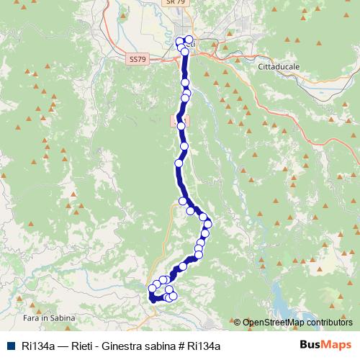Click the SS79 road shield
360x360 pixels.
[x=137, y=59]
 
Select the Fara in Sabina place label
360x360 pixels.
[x=44, y=318]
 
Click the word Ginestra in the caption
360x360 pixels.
[x=130, y=346]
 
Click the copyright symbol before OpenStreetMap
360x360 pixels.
[x=238, y=323]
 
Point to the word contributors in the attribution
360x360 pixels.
[x=329, y=323]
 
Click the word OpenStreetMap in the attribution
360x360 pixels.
[x=273, y=323]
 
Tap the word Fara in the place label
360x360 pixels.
[x=32, y=318]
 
